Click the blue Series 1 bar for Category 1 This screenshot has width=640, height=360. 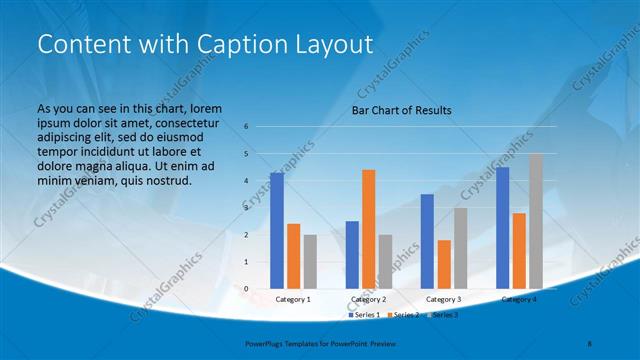pos(276,231)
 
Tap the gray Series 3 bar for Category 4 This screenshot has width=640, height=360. pos(536,221)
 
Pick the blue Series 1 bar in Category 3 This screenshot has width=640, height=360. pos(427,241)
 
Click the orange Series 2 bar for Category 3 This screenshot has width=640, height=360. pos(443,264)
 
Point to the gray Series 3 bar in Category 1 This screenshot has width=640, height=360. pos(310,262)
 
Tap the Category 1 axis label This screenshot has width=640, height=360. pos(293,299)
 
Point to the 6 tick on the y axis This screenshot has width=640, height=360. pos(246,127)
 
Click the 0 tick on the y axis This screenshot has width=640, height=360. pos(246,289)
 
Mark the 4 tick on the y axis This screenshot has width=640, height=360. pos(246,181)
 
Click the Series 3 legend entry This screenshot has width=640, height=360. pos(443,315)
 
